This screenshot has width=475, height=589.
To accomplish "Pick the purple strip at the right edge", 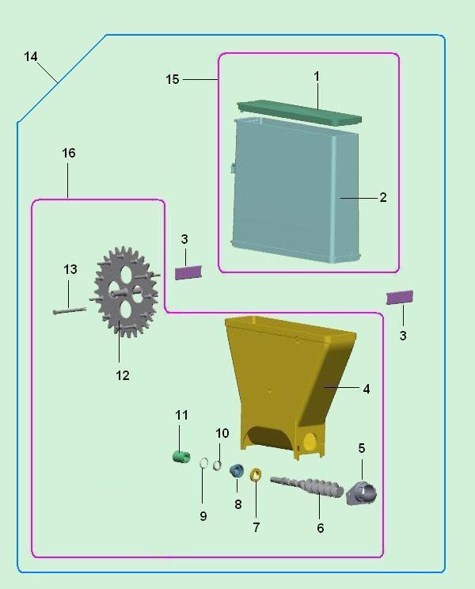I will (x=400, y=297).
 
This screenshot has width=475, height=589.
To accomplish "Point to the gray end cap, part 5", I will (x=362, y=493).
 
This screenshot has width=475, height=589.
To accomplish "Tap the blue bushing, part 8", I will (x=236, y=470).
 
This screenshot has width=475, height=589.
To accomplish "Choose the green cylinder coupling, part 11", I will (x=182, y=457).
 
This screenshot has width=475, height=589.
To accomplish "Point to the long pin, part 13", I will (x=69, y=310).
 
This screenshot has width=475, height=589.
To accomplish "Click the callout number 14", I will (x=31, y=57).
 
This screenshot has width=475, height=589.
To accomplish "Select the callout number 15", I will (x=173, y=79).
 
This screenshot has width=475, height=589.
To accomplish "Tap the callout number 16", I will (x=69, y=153).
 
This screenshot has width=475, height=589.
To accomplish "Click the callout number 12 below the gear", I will (x=123, y=375).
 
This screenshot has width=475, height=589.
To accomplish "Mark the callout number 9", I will (x=203, y=516).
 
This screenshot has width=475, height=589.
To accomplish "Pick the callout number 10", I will (x=222, y=433).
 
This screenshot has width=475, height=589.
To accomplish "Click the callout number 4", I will (x=367, y=389).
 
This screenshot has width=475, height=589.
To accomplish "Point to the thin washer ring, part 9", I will (x=203, y=463).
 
